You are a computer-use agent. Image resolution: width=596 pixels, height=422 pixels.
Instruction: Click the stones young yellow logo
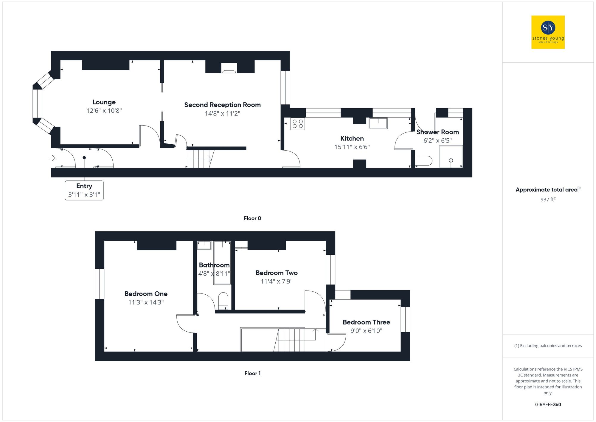click(548, 32)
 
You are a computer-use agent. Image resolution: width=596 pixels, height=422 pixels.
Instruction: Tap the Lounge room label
click(104, 102)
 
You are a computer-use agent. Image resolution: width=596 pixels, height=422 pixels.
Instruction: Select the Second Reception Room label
click(222, 105)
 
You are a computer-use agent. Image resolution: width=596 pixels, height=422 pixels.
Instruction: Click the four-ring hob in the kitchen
click(297, 124)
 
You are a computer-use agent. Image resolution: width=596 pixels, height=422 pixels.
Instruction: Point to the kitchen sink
click(378, 123)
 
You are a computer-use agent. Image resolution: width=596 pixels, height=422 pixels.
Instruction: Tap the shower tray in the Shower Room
click(451, 157)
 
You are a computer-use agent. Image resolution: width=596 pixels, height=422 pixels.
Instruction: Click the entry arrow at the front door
click(53, 158)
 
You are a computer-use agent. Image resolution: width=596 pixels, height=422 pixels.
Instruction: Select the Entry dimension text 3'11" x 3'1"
click(84, 195)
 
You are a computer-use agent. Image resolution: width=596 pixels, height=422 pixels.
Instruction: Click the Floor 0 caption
click(252, 218)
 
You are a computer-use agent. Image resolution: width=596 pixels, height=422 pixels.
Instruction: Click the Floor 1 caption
click(252, 373)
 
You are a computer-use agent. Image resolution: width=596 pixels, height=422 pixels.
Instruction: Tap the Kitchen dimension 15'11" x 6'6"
click(352, 147)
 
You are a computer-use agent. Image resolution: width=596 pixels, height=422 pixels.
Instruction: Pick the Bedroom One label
click(146, 294)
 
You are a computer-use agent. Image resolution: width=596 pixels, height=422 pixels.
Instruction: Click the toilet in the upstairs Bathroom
click(223, 300)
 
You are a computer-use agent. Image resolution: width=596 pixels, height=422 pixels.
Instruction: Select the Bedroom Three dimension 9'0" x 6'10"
click(366, 331)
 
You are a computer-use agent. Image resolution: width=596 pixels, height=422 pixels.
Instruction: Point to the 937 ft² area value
click(548, 200)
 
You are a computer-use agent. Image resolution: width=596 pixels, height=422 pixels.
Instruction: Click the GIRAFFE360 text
click(548, 405)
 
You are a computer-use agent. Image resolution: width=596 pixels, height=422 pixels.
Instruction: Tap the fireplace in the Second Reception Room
click(229, 69)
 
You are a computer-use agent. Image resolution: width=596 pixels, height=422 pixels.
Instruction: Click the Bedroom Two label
click(277, 273)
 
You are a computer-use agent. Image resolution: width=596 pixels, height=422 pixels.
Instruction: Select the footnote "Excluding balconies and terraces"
click(548, 346)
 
